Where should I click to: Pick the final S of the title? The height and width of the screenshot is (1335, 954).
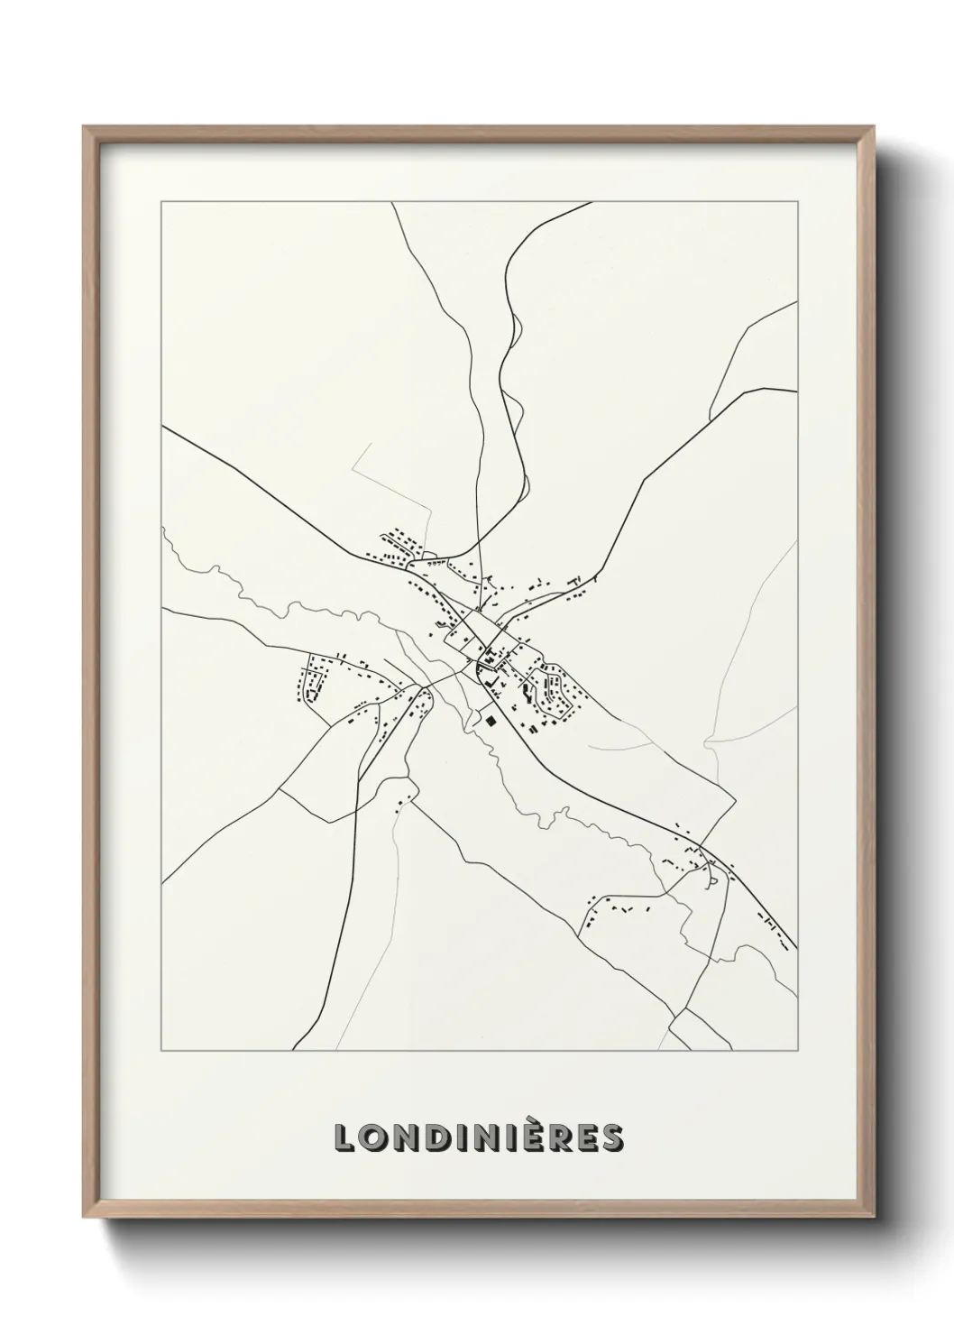(x=612, y=1138)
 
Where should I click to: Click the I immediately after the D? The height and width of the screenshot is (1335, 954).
(x=458, y=1138)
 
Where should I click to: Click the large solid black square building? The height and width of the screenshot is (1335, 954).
(x=490, y=721)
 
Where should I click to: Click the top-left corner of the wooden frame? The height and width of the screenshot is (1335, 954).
(x=85, y=127)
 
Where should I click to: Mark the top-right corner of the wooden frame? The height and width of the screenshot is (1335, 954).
(x=876, y=127)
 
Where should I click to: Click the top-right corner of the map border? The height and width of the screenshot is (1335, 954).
(x=797, y=202)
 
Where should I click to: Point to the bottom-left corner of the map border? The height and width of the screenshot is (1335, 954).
(x=161, y=1051)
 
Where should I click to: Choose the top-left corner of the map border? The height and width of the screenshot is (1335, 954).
(x=161, y=202)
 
